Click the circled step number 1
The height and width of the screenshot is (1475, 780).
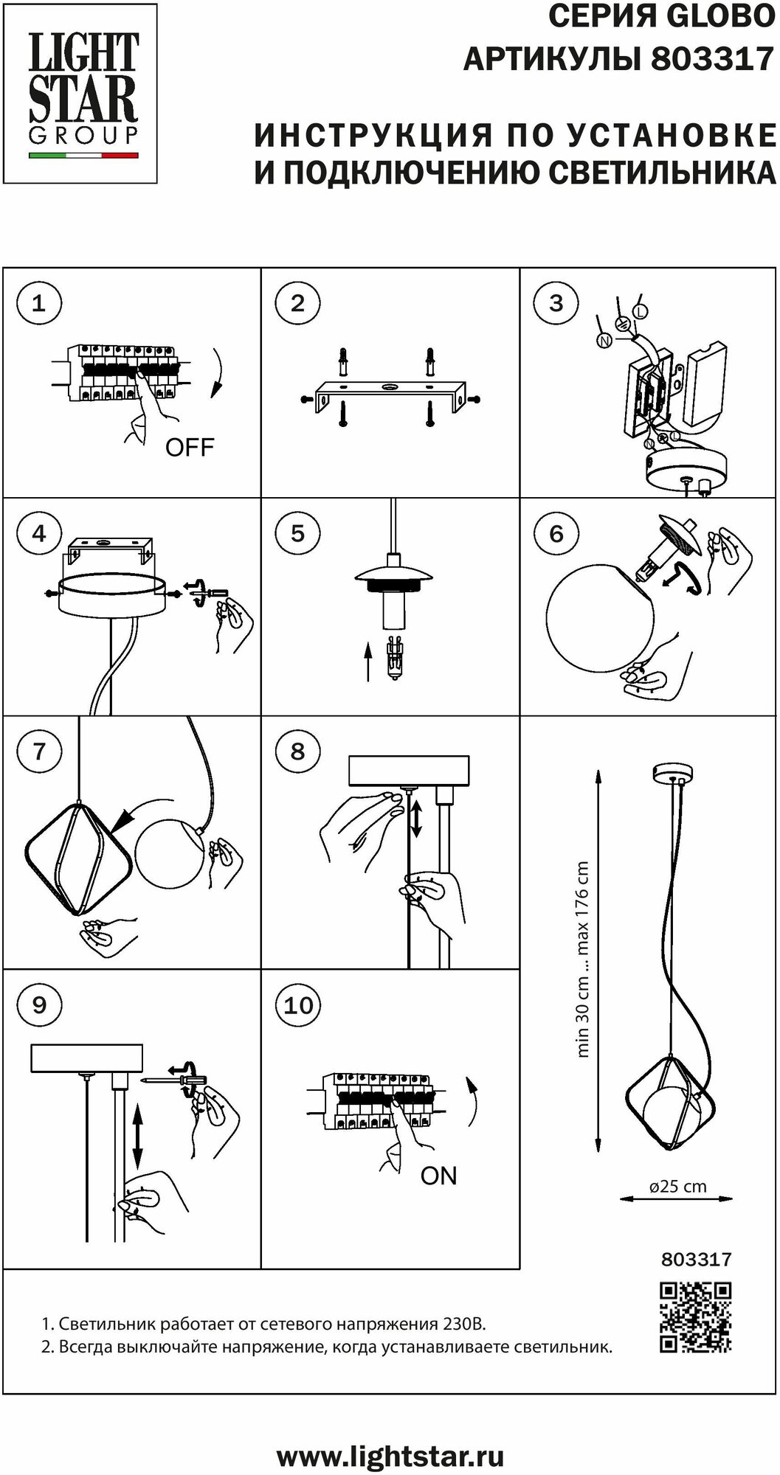(x=39, y=303)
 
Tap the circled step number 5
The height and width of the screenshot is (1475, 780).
(x=298, y=533)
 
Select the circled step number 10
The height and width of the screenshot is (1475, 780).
(x=298, y=1005)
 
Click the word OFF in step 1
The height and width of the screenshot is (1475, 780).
(x=190, y=447)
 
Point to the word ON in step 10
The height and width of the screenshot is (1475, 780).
(x=439, y=1175)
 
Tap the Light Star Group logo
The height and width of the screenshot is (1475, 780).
(x=83, y=93)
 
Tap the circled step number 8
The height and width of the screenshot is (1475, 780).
(x=298, y=752)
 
